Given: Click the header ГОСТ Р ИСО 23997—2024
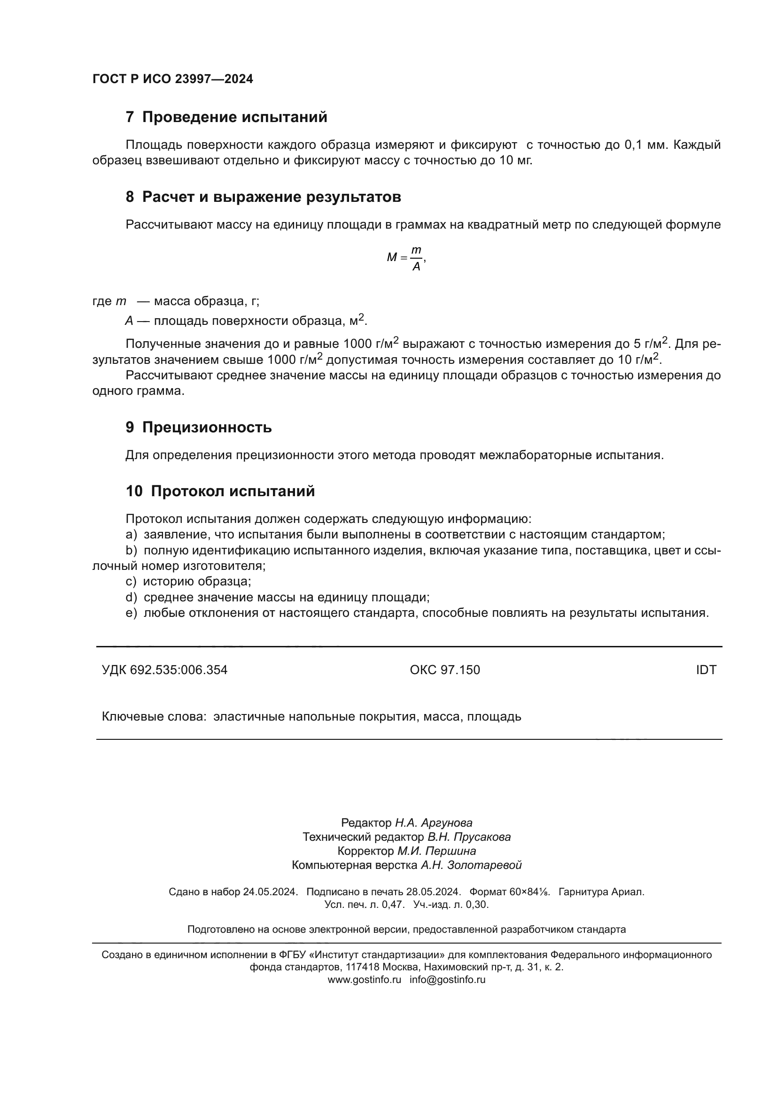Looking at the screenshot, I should tap(173, 79).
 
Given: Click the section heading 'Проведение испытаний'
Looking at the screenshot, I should tap(234, 117).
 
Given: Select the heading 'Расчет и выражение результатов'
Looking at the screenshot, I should tap(271, 197).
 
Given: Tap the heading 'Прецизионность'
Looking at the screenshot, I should tap(207, 427).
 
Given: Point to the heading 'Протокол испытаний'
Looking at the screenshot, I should tap(233, 491).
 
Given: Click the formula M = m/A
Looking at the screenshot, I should tap(406, 258).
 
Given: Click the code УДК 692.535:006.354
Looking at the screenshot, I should tap(164, 670).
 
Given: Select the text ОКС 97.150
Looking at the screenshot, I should tap(444, 670).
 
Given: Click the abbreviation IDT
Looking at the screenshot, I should tap(706, 670).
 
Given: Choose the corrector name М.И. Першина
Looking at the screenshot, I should tap(436, 851).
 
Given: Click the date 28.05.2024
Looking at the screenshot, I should tap(433, 892).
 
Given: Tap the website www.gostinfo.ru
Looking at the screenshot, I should tap(364, 979).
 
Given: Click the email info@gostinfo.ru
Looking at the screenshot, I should tap(447, 979).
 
